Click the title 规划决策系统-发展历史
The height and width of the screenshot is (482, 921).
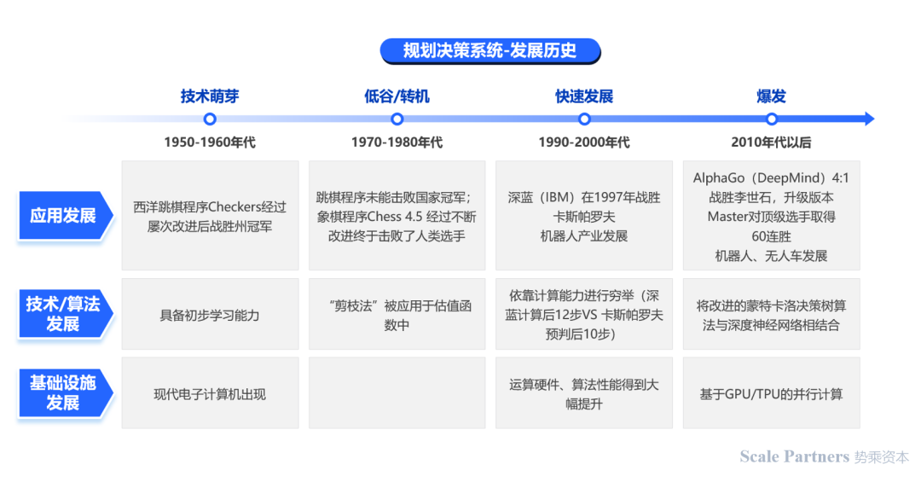click(x=489, y=50)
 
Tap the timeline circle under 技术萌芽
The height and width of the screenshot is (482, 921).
click(x=210, y=119)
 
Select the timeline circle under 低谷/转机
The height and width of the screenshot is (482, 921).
click(x=397, y=119)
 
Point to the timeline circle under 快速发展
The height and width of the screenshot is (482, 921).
click(x=584, y=119)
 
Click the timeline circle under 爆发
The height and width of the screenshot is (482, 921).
click(x=771, y=119)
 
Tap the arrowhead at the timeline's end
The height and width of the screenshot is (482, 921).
click(x=869, y=119)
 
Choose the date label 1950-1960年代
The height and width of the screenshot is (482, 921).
click(x=210, y=142)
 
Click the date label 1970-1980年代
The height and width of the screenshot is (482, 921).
click(x=397, y=142)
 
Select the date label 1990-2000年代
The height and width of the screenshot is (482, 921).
click(x=584, y=142)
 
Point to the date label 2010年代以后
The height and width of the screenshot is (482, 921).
click(x=771, y=142)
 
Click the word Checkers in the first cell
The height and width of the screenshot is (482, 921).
click(x=235, y=207)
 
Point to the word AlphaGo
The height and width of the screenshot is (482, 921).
click(x=719, y=178)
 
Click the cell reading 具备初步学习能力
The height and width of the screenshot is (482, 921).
click(x=210, y=315)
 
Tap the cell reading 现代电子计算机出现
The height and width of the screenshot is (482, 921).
click(x=210, y=393)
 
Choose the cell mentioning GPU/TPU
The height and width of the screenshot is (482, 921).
click(x=771, y=393)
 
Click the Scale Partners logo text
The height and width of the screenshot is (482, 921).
click(x=795, y=456)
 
